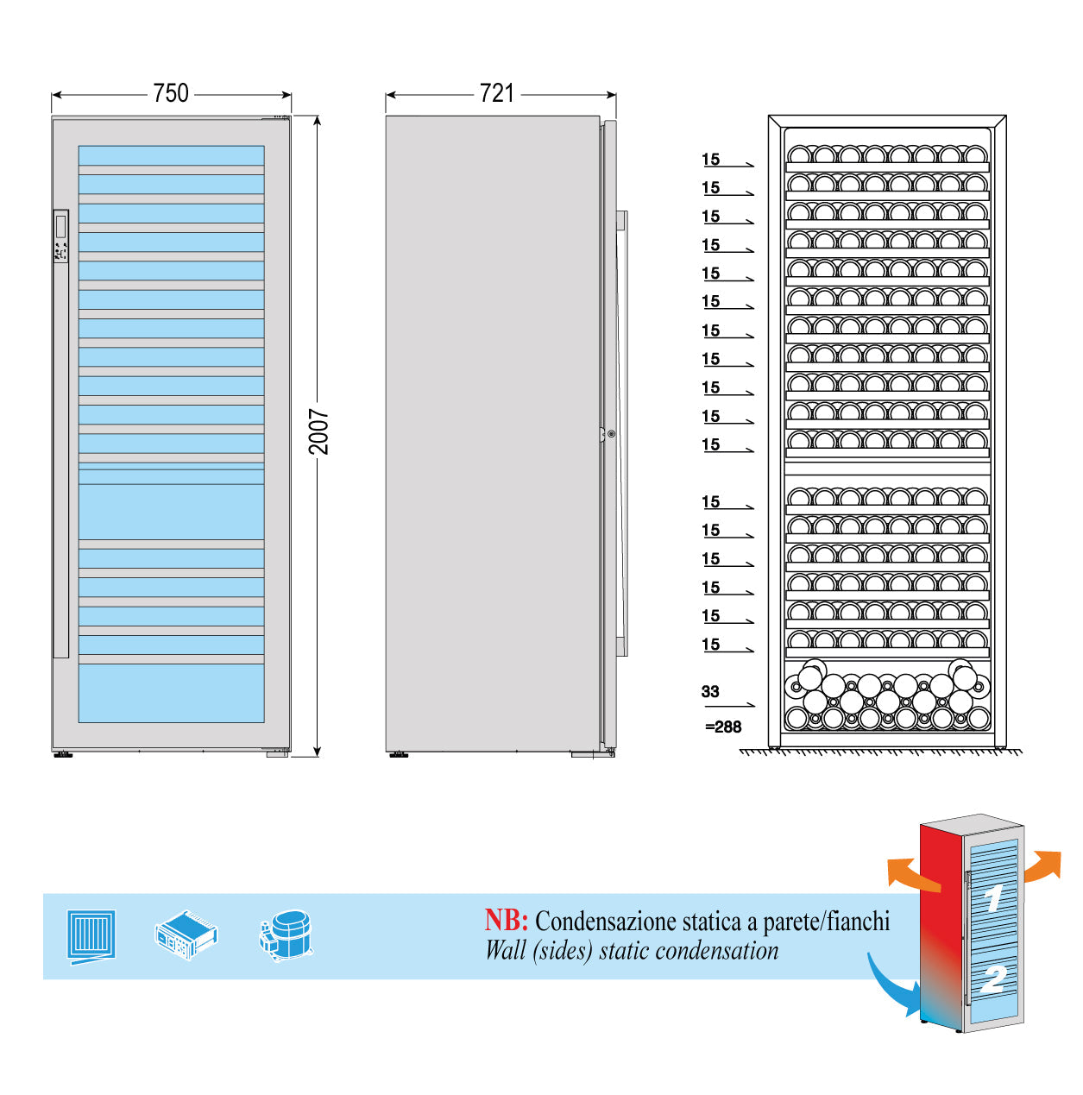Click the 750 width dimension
[x=171, y=93]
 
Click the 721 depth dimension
[x=497, y=93]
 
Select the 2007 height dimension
[x=318, y=431]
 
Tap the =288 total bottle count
[x=723, y=727]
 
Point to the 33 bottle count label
[x=710, y=691]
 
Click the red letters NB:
[x=506, y=920]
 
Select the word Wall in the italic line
[x=506, y=951]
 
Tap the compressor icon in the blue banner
[x=286, y=935]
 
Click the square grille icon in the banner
[x=91, y=935]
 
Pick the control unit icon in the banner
[x=186, y=935]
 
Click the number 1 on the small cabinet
[x=993, y=897]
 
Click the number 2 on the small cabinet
[x=994, y=978]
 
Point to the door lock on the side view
[x=611, y=434]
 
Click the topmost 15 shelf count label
[x=711, y=160]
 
